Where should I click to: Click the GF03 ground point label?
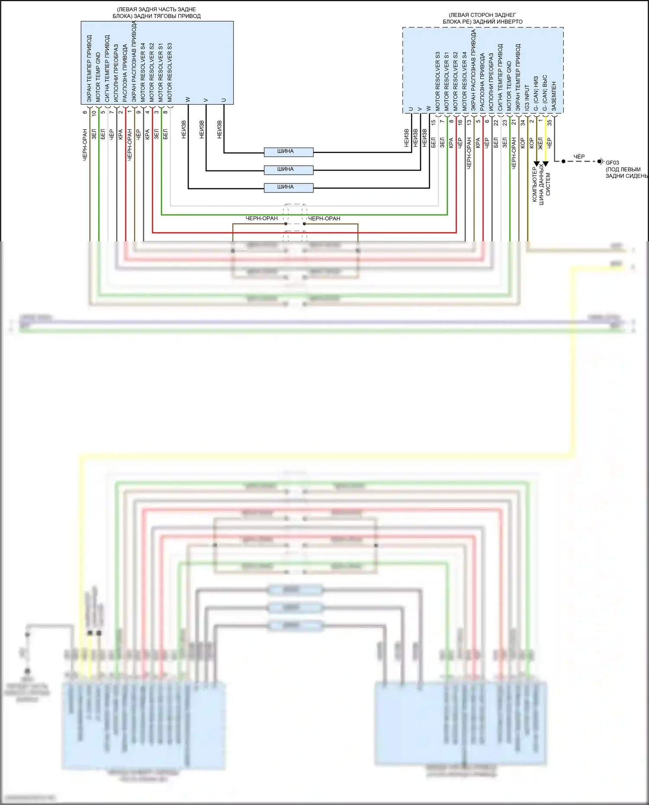pyautogui.click(x=612, y=163)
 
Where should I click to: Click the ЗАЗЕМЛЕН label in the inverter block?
pyautogui.click(x=554, y=96)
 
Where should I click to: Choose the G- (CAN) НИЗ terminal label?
pyautogui.click(x=536, y=93)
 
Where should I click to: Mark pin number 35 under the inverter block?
pyautogui.click(x=549, y=123)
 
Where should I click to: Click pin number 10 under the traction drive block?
pyautogui.click(x=94, y=113)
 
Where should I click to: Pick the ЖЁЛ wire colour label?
pyautogui.click(x=540, y=143)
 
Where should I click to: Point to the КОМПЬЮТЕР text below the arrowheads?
pyautogui.click(x=534, y=185)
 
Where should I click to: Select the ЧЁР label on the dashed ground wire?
pyautogui.click(x=579, y=157)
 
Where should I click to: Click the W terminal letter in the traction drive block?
pyautogui.click(x=188, y=100)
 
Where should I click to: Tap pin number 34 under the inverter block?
pyautogui.click(x=523, y=123)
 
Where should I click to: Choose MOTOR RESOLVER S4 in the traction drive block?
pyautogui.click(x=143, y=72)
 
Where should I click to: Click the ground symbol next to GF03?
pyautogui.click(x=601, y=161)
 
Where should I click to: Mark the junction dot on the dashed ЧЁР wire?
pyautogui.click(x=563, y=161)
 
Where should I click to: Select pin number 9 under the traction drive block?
pyautogui.click(x=138, y=112)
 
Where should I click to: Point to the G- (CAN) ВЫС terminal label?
pyautogui.click(x=545, y=93)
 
